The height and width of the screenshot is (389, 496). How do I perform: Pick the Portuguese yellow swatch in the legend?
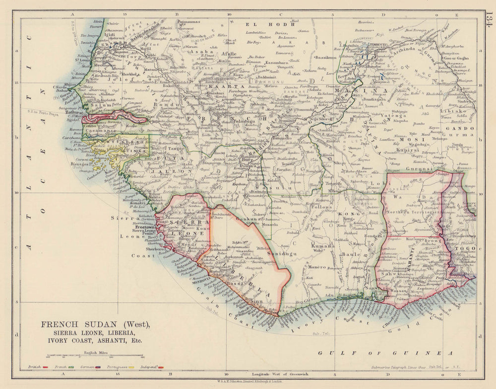(x=131, y=368)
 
